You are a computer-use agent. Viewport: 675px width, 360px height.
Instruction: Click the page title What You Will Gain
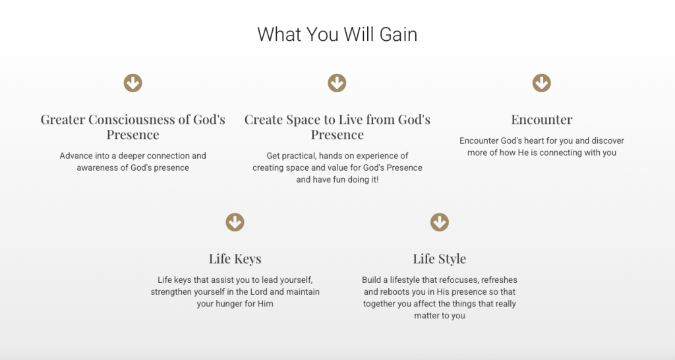(x=337, y=34)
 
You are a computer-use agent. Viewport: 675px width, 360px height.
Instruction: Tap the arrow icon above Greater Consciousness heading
(x=133, y=82)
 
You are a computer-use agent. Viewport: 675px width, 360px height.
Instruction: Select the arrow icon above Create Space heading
(x=337, y=82)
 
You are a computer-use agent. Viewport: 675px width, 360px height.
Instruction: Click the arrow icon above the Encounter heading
(x=542, y=82)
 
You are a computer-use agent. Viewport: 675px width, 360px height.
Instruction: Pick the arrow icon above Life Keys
(x=235, y=222)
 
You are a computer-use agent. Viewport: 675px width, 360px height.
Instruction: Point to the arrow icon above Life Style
(x=440, y=222)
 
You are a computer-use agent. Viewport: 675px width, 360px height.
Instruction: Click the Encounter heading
(x=542, y=119)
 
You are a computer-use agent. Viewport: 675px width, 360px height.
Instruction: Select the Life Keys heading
(x=235, y=259)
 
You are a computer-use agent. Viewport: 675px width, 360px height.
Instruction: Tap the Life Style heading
(x=440, y=259)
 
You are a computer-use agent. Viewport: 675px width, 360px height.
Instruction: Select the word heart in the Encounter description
(x=534, y=141)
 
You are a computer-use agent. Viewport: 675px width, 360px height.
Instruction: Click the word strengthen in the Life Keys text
(x=171, y=292)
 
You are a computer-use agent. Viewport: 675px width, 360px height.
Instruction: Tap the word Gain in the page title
(x=398, y=34)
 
